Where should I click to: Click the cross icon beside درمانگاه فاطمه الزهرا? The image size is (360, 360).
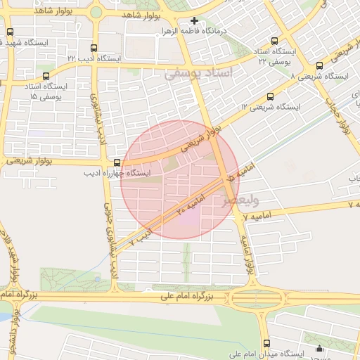point(194,21)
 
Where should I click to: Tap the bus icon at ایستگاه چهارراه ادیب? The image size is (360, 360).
point(117,162)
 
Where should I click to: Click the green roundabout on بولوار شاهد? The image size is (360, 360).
point(96,12)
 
